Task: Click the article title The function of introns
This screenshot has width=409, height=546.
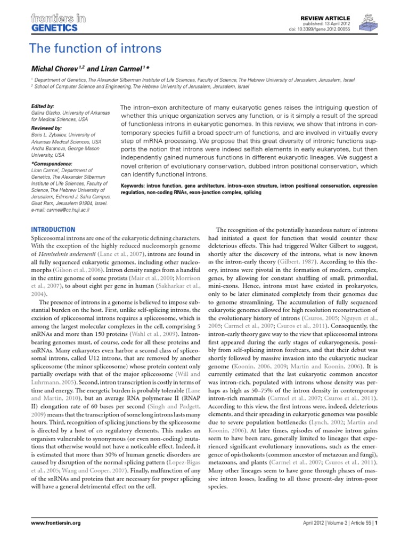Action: (x=95, y=50)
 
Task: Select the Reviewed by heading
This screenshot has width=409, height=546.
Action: (x=47, y=129)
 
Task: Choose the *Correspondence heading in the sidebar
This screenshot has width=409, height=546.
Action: (x=52, y=163)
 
